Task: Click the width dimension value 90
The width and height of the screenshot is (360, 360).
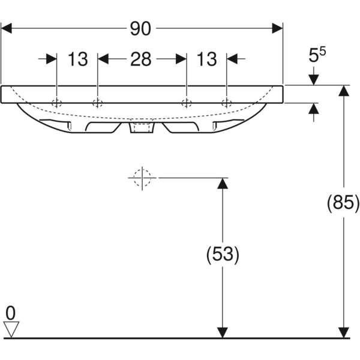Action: [142, 28]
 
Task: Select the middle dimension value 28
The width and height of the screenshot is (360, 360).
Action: [141, 59]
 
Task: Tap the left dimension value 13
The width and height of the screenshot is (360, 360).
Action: [77, 59]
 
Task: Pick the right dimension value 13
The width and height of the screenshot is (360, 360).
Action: [206, 59]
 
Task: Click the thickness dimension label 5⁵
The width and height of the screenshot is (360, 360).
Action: [317, 56]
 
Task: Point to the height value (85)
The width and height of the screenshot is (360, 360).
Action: [343, 204]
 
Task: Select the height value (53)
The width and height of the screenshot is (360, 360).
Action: [223, 255]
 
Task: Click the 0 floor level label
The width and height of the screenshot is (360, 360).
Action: [10, 312]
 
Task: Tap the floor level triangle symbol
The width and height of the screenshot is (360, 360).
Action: [11, 328]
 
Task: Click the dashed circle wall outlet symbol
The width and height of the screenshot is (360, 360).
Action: [142, 178]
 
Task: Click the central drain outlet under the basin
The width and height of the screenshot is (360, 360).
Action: [142, 127]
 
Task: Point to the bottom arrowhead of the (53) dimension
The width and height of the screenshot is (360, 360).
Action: [223, 332]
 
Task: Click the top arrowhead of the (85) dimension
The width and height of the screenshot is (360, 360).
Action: [343, 91]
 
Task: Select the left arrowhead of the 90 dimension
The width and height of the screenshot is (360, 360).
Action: [7, 28]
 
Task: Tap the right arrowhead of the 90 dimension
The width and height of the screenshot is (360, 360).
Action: [277, 28]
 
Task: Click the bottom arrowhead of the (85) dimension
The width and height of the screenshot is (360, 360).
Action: [343, 332]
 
